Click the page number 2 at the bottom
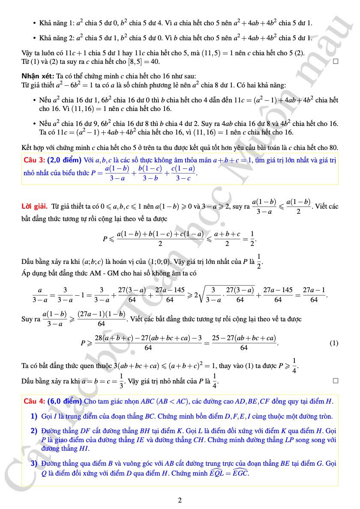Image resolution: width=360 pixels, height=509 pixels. coord(180,500)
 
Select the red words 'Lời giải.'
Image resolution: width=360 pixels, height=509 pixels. coord(35,207)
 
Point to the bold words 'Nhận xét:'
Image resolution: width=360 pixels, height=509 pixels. coord(37,76)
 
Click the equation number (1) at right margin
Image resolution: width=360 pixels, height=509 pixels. coord(334,343)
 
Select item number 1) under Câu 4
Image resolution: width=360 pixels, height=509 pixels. coord(34,416)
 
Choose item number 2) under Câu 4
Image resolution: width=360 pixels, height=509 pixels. coord(34,430)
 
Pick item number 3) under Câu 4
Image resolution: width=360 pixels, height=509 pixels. coord(34,464)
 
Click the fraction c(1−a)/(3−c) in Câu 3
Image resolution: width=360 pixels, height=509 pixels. coord(183,173)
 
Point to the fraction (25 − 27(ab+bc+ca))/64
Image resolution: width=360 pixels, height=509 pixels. coord(244,343)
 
